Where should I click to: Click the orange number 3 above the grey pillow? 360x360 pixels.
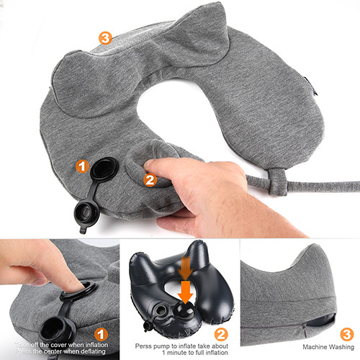point(105,37)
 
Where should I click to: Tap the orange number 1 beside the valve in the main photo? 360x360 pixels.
point(83,167)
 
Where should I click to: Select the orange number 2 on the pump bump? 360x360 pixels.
point(150,180)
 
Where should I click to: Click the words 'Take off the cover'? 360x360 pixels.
point(35,344)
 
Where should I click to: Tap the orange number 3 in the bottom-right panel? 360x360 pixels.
point(346,334)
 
